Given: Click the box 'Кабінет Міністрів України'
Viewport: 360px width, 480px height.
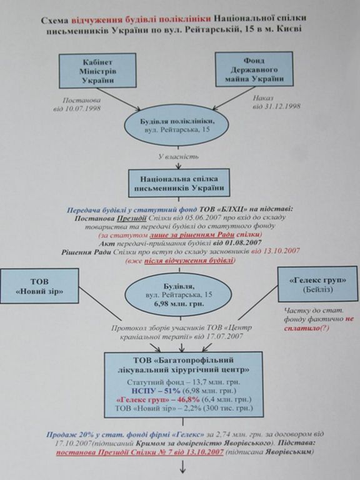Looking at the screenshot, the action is point(97,71).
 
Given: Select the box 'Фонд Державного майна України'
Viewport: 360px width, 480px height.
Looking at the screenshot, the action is point(254,69).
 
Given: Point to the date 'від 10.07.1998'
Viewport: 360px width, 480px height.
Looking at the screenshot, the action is point(77,109).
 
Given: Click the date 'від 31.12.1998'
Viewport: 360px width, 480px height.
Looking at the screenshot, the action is point(276,106).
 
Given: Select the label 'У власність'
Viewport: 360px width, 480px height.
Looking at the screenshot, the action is point(178,157).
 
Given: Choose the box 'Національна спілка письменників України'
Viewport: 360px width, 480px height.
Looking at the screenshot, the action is point(179,183).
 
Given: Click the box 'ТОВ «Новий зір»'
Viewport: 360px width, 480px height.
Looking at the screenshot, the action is point(39,286).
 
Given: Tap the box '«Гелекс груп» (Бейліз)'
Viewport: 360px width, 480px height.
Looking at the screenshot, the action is point(317,284).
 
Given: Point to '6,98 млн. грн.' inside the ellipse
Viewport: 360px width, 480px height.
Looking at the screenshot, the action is point(179,304).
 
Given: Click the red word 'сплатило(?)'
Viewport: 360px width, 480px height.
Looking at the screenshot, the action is point(307,329).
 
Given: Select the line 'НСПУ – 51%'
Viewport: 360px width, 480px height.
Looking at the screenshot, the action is point(156,391).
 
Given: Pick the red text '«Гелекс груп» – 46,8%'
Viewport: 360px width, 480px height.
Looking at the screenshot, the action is point(158,400).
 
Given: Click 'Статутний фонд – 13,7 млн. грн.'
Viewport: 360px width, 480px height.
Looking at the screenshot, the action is point(183,382).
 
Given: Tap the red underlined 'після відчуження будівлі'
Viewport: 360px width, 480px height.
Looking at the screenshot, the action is point(189,261).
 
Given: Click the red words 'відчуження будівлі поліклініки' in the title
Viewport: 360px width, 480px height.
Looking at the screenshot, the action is point(141,19).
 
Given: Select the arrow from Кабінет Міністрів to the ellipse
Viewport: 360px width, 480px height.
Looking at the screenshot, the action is point(119,99).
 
